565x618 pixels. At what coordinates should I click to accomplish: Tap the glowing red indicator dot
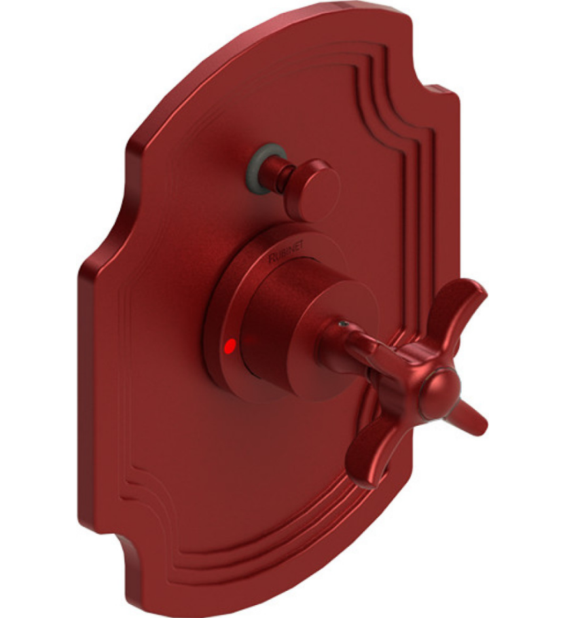[231, 346]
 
